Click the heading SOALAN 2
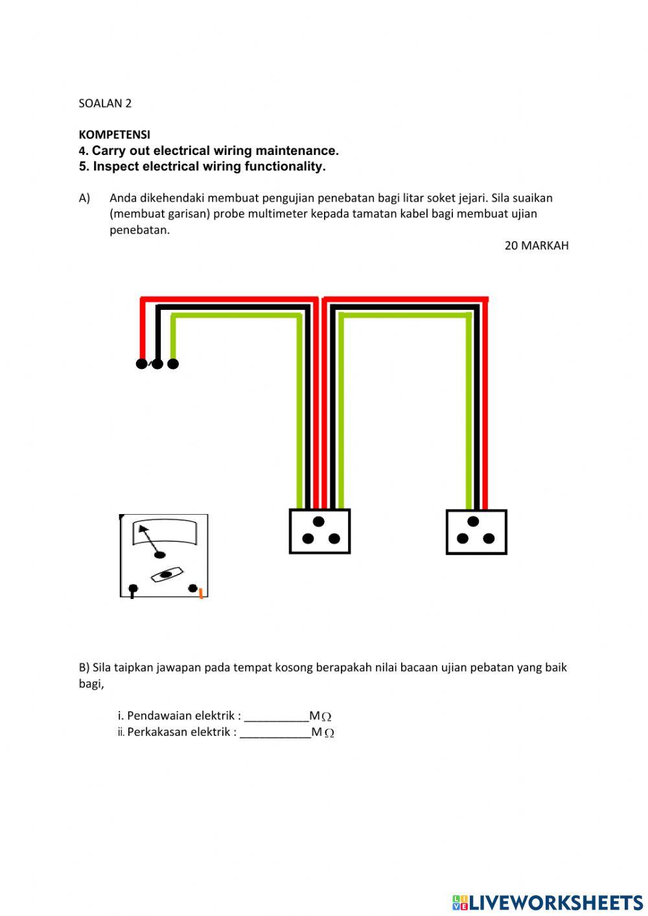[x=105, y=103]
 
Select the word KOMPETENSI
[x=114, y=135]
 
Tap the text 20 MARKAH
[x=536, y=246]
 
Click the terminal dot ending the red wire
[x=141, y=364]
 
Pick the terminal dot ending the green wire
[x=173, y=364]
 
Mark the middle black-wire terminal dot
[x=157, y=364]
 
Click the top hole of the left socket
[x=319, y=522]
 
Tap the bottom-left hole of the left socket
[x=308, y=539]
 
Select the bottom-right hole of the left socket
[x=334, y=539]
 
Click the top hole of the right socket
[x=473, y=522]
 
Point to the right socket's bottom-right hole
[x=489, y=539]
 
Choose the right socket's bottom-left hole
[x=463, y=539]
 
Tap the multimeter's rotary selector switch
[x=167, y=574]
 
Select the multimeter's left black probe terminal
[x=133, y=589]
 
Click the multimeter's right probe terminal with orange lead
[x=193, y=589]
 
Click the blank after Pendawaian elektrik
[x=276, y=716]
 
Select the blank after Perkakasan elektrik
[x=275, y=733]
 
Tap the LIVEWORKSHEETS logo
[x=548, y=902]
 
